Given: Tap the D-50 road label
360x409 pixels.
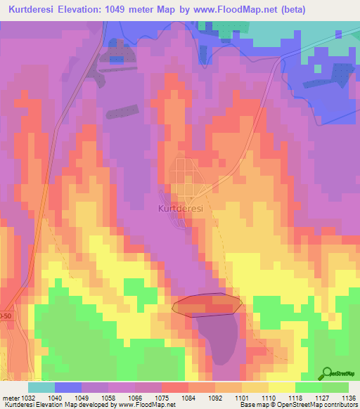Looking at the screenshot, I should [x=6, y=317].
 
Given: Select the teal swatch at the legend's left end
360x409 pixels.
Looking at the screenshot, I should [x=41, y=387].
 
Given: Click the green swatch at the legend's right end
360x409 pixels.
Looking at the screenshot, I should [x=335, y=387].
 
